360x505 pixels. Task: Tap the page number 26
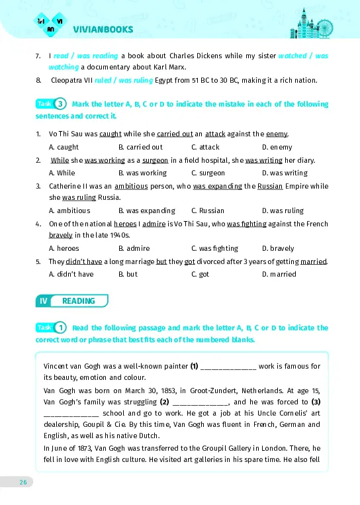tap(22, 482)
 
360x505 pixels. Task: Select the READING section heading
tap(78, 301)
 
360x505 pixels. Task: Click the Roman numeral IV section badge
tap(43, 301)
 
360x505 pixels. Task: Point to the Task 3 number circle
tap(60, 104)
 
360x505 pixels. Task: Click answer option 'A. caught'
tap(64, 147)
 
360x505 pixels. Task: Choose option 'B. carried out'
tap(140, 147)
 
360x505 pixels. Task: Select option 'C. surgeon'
tap(208, 173)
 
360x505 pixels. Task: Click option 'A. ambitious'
tap(69, 210)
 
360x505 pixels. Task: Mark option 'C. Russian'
tap(208, 210)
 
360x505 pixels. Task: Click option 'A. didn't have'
tap(71, 274)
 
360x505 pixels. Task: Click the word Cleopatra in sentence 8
tap(69, 81)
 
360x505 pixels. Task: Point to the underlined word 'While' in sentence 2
tap(60, 160)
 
